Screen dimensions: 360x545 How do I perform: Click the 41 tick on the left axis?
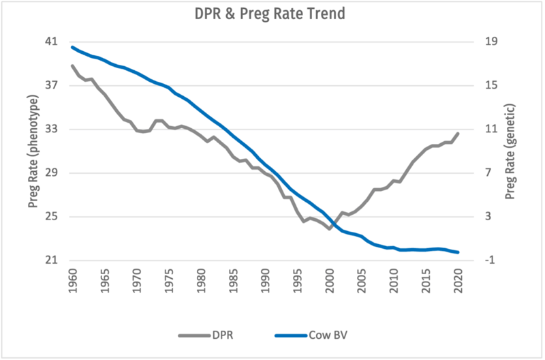53,42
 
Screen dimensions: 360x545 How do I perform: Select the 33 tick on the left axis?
53,129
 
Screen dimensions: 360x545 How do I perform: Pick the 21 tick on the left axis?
53,260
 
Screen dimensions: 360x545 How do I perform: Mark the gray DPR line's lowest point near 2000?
330,229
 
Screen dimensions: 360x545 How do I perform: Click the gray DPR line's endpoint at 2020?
458,133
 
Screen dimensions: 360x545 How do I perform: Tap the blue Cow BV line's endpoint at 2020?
458,252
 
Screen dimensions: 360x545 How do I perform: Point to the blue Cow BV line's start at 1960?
73,47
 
